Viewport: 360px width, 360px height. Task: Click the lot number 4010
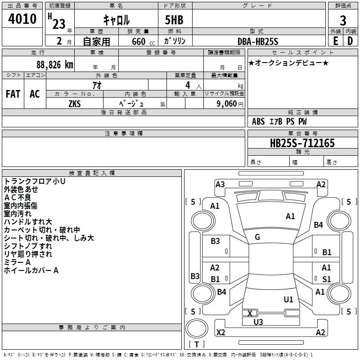point(22,19)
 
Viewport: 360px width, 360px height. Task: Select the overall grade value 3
point(343,21)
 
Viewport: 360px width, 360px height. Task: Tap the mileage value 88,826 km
point(55,65)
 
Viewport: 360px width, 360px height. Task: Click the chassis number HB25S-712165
point(302,143)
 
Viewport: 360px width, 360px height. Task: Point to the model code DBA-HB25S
point(258,41)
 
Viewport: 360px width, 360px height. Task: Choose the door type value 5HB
point(174,20)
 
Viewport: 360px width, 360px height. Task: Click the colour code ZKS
point(75,104)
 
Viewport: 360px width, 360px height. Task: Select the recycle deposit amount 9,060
point(227,104)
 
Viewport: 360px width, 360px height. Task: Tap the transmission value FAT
point(13,94)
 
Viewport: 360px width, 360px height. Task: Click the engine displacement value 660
point(139,41)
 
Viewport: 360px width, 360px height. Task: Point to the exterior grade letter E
point(336,41)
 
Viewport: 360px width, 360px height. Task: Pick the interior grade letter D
point(350,41)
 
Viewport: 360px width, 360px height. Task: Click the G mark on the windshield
point(257,237)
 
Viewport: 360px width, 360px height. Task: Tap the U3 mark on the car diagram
point(258,322)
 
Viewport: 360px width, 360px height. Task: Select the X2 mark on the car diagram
point(221,332)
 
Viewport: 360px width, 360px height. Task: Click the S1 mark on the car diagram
point(327,279)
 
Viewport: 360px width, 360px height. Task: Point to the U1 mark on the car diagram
point(288,299)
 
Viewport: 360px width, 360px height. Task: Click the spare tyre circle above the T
point(197,328)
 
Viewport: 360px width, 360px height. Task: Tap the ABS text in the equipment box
point(258,121)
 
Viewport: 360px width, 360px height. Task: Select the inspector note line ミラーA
point(17,262)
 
